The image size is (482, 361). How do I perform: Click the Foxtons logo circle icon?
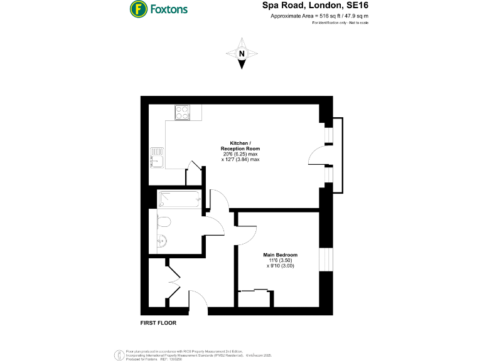(139, 9)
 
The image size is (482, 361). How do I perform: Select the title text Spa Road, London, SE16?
(315, 6)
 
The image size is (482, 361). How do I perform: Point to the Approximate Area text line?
(319, 16)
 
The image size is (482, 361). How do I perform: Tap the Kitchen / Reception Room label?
(240, 145)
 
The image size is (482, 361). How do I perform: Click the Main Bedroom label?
(279, 255)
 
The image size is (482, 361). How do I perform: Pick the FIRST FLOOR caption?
(158, 323)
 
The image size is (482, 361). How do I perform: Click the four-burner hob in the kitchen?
(183, 112)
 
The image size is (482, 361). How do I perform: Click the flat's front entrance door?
(198, 301)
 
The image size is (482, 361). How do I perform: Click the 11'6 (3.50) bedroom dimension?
(279, 261)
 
